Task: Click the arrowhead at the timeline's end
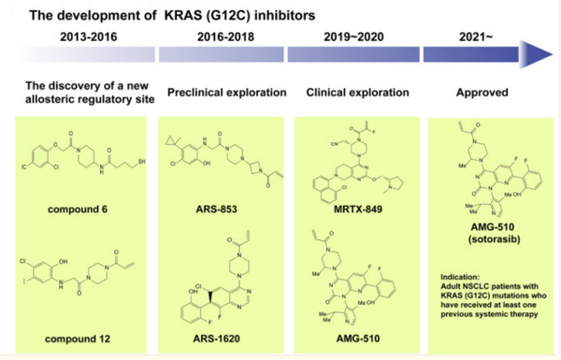click(539, 55)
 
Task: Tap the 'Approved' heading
click(481, 94)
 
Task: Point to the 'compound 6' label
click(77, 209)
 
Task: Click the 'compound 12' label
click(78, 338)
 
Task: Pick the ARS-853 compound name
click(214, 209)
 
